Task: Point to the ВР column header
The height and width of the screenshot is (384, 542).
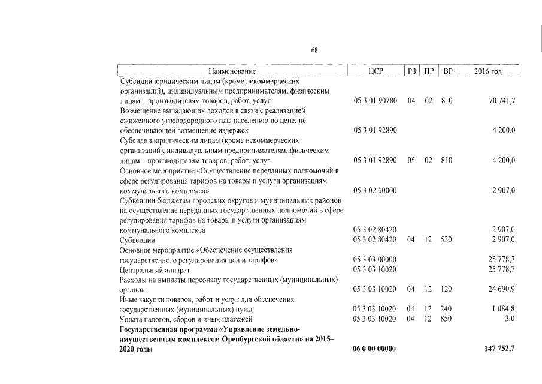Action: click(447, 72)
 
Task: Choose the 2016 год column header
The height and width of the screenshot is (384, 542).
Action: click(488, 72)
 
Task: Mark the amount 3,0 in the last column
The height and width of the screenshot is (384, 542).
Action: click(510, 319)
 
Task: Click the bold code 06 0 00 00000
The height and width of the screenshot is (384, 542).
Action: click(375, 349)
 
